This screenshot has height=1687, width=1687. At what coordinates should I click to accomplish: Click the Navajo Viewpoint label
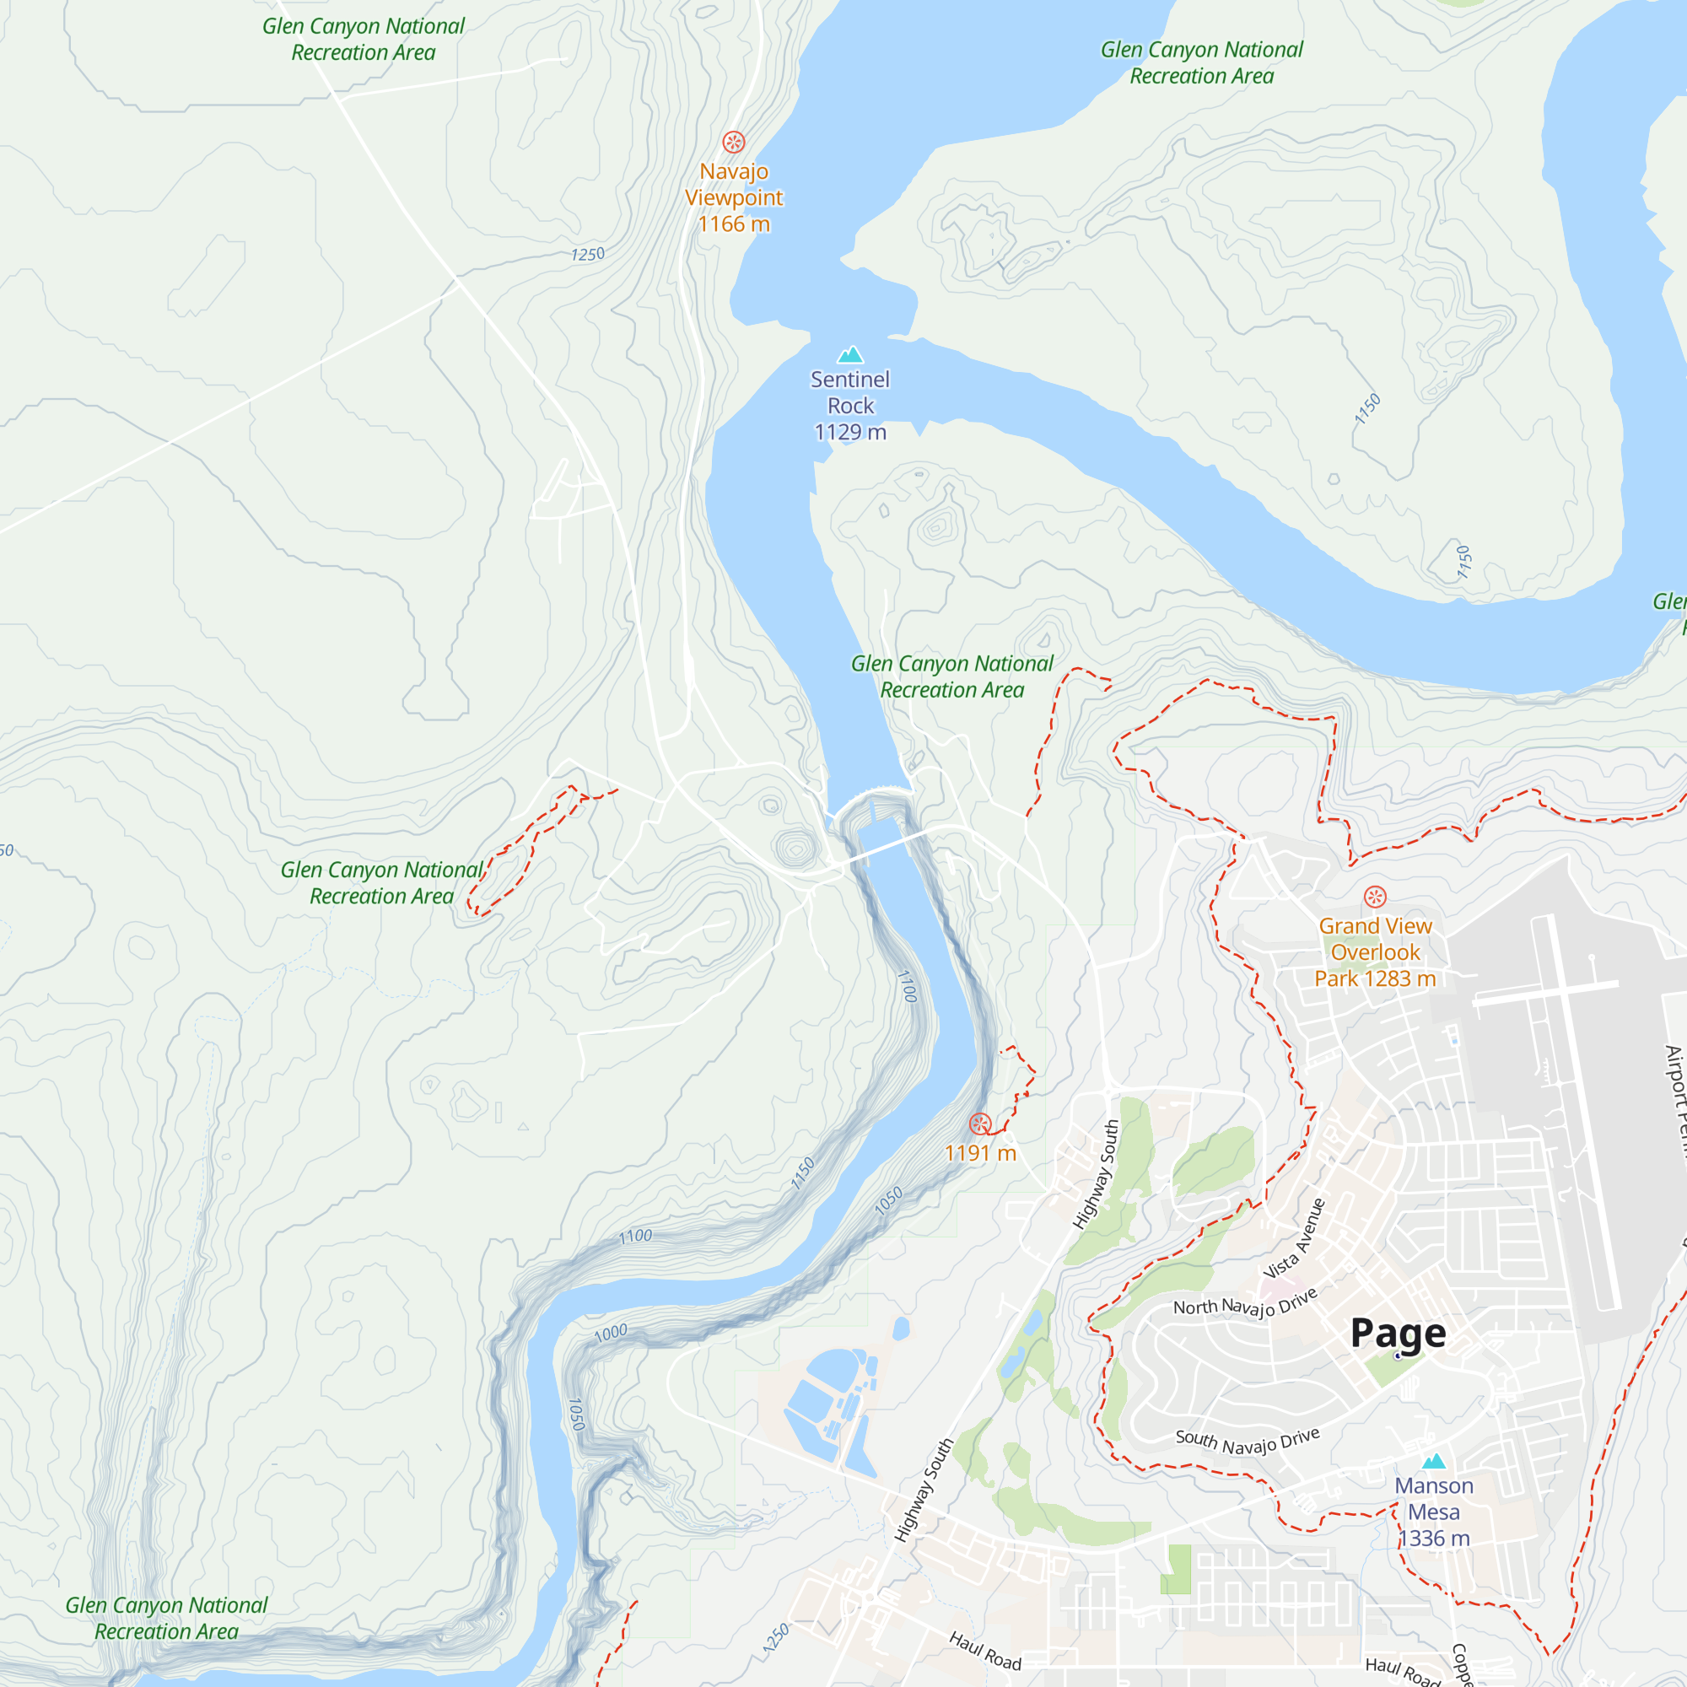pyautogui.click(x=734, y=185)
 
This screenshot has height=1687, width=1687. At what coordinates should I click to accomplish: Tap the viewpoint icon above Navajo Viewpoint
pyautogui.click(x=734, y=142)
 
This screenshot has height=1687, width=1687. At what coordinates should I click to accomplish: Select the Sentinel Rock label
pyautogui.click(x=849, y=392)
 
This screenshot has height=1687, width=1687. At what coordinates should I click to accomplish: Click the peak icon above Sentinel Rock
pyautogui.click(x=849, y=354)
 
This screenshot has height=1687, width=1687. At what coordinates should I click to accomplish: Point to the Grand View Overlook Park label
pyautogui.click(x=1375, y=951)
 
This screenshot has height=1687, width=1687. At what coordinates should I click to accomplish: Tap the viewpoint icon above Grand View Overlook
pyautogui.click(x=1375, y=897)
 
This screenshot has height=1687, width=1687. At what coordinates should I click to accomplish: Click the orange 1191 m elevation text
pyautogui.click(x=981, y=1153)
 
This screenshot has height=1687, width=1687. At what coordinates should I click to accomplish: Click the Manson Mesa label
pyautogui.click(x=1434, y=1498)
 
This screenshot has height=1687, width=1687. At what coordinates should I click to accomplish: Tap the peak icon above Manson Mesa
pyautogui.click(x=1434, y=1461)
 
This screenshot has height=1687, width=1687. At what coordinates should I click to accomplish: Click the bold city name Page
pyautogui.click(x=1398, y=1334)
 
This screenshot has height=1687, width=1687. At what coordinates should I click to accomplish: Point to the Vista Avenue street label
pyautogui.click(x=1295, y=1239)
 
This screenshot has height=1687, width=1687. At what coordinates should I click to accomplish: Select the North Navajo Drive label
pyautogui.click(x=1244, y=1306)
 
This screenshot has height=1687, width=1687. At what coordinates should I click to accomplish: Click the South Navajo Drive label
pyautogui.click(x=1247, y=1442)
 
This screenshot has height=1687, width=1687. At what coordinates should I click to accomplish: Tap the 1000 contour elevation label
pyautogui.click(x=611, y=1333)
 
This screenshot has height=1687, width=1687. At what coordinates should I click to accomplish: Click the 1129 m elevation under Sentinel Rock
pyautogui.click(x=849, y=432)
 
